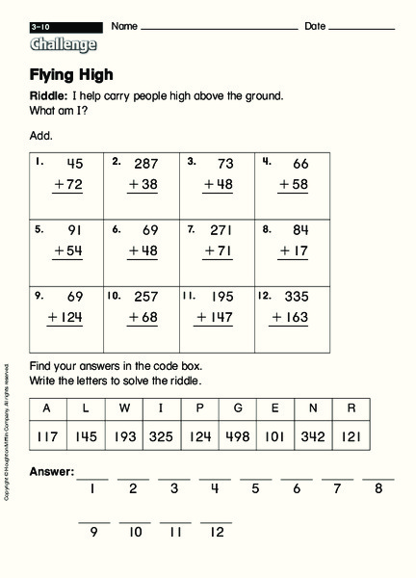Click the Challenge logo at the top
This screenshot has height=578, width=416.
(64, 44)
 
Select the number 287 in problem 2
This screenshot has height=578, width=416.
(145, 164)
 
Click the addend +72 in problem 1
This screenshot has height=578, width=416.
(67, 183)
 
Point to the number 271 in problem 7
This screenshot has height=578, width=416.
(221, 231)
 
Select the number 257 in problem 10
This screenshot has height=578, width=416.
(145, 298)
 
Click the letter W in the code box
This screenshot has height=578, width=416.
(123, 407)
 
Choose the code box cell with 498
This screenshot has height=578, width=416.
(237, 435)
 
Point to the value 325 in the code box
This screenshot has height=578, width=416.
(161, 435)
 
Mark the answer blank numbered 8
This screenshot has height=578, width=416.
(378, 477)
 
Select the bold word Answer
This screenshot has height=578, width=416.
(52, 472)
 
